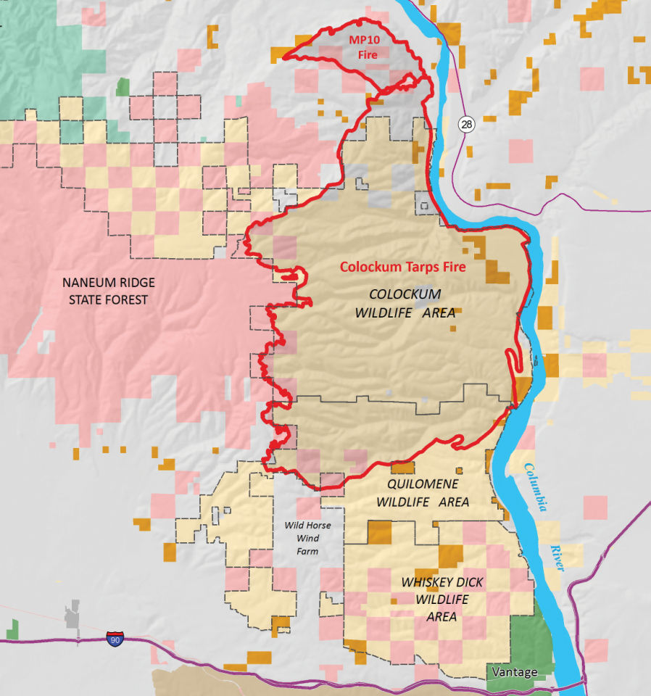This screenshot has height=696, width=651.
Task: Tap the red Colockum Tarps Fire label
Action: point(403,266)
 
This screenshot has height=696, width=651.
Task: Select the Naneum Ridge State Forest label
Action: point(108,291)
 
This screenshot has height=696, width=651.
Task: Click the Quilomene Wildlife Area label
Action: point(422,492)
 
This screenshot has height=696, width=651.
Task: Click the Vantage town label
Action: point(515,672)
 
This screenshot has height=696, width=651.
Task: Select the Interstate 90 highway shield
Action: point(115,639)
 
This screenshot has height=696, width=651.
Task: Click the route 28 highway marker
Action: point(465,125)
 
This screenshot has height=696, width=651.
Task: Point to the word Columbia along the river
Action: point(536,488)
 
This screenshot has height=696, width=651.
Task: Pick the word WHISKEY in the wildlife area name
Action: point(426,582)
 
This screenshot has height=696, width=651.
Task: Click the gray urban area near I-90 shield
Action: point(72,616)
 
